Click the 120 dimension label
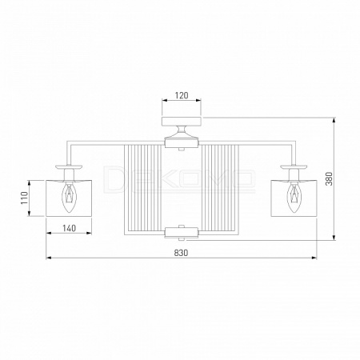click(182, 95)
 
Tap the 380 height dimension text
click(330, 178)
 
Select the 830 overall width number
click(181, 253)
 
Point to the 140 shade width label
click(69, 228)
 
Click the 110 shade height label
click(24, 198)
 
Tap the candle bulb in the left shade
click(69, 197)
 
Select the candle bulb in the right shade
click(294, 197)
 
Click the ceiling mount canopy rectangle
click(182, 121)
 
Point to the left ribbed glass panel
click(143, 188)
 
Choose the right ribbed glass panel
click(220, 188)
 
